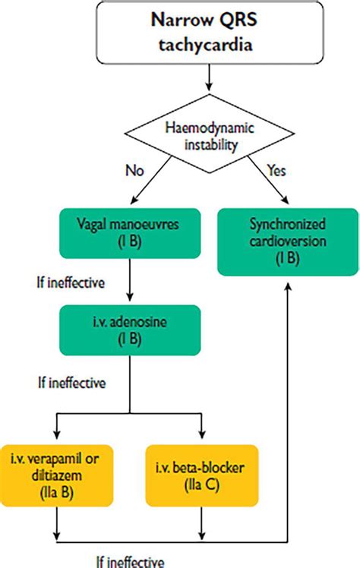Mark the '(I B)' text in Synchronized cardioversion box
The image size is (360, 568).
coord(288,258)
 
